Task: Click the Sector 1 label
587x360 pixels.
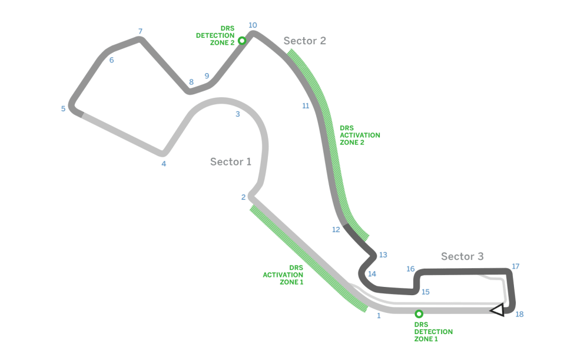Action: coord(231,162)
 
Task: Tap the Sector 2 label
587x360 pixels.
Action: coord(304,41)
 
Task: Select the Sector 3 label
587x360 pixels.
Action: coord(462,256)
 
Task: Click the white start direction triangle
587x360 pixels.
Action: coord(498,310)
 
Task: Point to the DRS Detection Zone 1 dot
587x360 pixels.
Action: coord(419,314)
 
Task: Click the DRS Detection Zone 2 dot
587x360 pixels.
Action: coord(241,41)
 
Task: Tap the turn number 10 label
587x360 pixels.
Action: coord(253,25)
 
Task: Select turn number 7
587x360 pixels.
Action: coord(140,31)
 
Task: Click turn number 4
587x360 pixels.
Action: coord(164,164)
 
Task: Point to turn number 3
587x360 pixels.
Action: coord(237,114)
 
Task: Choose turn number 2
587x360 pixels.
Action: coord(243,197)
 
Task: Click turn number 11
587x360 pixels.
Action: coord(306,106)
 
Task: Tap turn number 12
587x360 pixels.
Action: coord(336,230)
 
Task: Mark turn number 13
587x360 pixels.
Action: coord(383,255)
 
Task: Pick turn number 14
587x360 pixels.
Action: coord(372,274)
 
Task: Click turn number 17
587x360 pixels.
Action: coord(515,267)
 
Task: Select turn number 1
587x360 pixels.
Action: coord(379,316)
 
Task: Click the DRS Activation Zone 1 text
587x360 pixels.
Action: coord(283,275)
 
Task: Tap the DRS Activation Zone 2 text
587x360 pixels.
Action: coord(360,135)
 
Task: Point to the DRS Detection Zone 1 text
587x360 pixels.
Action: coord(433,332)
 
